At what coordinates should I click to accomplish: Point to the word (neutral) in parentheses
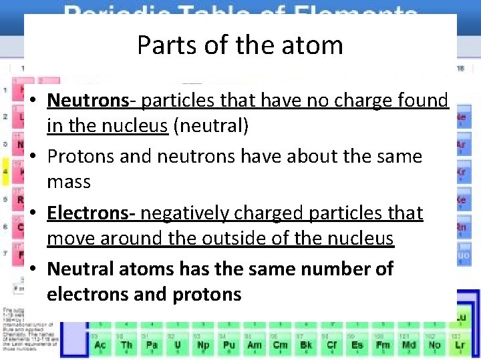210,125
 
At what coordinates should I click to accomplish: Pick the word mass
69,181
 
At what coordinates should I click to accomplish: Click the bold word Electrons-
92,213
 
